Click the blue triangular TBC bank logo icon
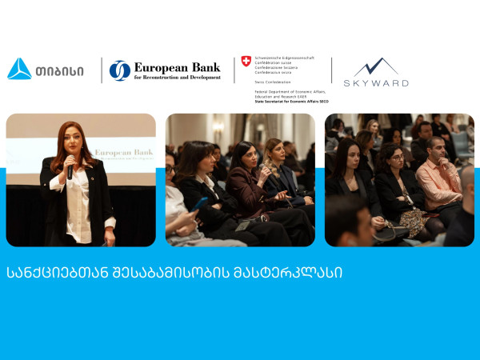tap(19, 70)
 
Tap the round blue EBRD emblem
tap(120, 70)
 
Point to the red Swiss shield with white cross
tap(246, 61)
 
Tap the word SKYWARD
tap(376, 83)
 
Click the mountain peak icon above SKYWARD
tap(376, 67)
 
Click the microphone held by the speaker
tap(70, 170)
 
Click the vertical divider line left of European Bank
tap(102, 70)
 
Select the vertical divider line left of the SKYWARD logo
tap(332, 70)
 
